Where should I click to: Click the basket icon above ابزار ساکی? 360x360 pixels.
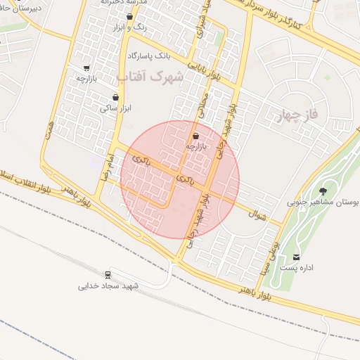point(116,98)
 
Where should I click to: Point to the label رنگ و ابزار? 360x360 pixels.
point(129,27)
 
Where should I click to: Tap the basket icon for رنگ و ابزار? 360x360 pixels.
point(129,16)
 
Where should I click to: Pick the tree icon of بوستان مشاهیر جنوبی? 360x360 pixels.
point(323,190)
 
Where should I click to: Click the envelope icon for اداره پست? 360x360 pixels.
point(296,257)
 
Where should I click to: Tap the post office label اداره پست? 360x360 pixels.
point(296,268)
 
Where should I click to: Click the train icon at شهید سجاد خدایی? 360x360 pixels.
point(108,274)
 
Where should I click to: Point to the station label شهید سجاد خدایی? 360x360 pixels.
point(108,285)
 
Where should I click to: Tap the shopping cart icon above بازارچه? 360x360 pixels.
point(86,68)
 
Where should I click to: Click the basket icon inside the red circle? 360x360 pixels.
point(195,136)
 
